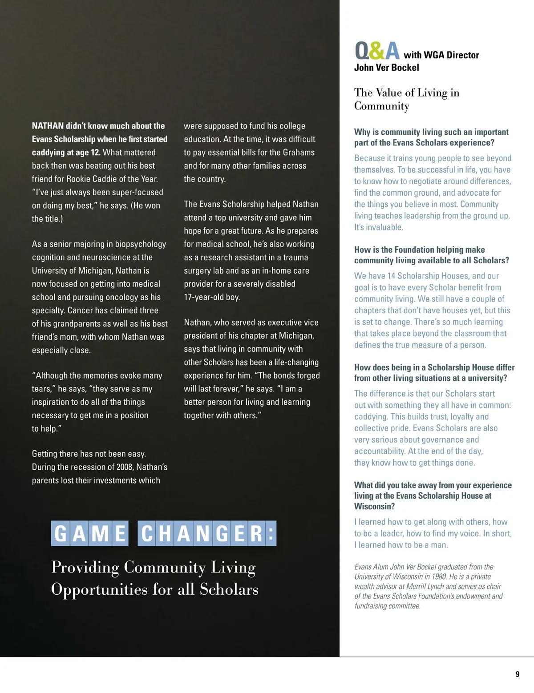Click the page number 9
[x=517, y=674]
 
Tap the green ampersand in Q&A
[x=376, y=51]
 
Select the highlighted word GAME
[x=90, y=533]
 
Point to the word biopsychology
[x=140, y=244]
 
